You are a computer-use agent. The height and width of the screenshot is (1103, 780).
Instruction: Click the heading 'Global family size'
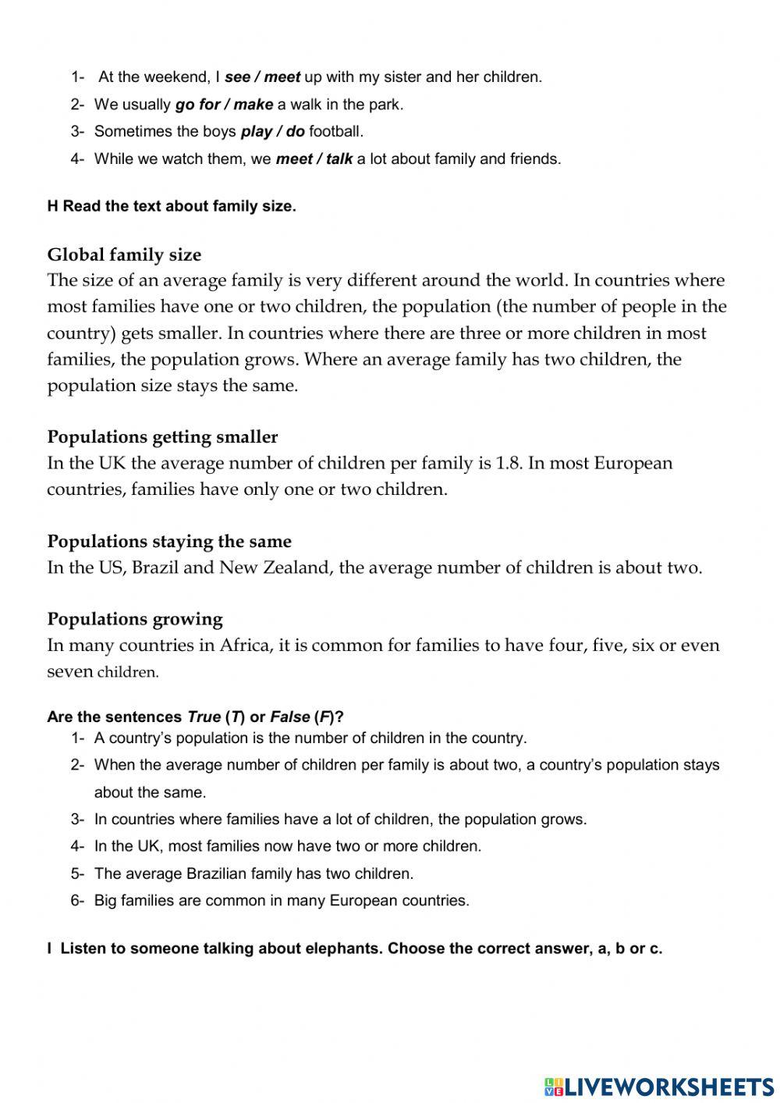coord(124,255)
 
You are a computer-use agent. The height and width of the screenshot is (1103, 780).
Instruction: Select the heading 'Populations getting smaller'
coord(162,437)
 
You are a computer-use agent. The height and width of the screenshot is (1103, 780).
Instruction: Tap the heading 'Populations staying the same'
coord(169,542)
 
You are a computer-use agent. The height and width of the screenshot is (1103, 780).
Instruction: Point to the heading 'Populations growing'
coord(135,619)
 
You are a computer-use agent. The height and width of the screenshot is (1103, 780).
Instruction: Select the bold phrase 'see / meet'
coord(262,77)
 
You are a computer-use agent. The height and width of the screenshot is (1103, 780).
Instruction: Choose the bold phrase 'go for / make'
coord(224,105)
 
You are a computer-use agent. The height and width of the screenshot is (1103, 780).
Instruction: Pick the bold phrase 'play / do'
coord(272,132)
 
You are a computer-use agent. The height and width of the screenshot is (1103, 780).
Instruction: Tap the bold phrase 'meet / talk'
coord(314,159)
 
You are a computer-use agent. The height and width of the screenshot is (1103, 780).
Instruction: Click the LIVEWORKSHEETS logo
coord(659,1086)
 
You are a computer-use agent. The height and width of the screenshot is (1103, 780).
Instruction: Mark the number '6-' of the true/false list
coord(77,901)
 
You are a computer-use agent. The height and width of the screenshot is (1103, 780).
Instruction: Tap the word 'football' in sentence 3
coord(335,132)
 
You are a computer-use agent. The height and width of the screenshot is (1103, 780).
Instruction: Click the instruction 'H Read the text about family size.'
coord(172,207)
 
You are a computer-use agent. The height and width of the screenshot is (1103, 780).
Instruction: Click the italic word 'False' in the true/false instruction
coord(289,717)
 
